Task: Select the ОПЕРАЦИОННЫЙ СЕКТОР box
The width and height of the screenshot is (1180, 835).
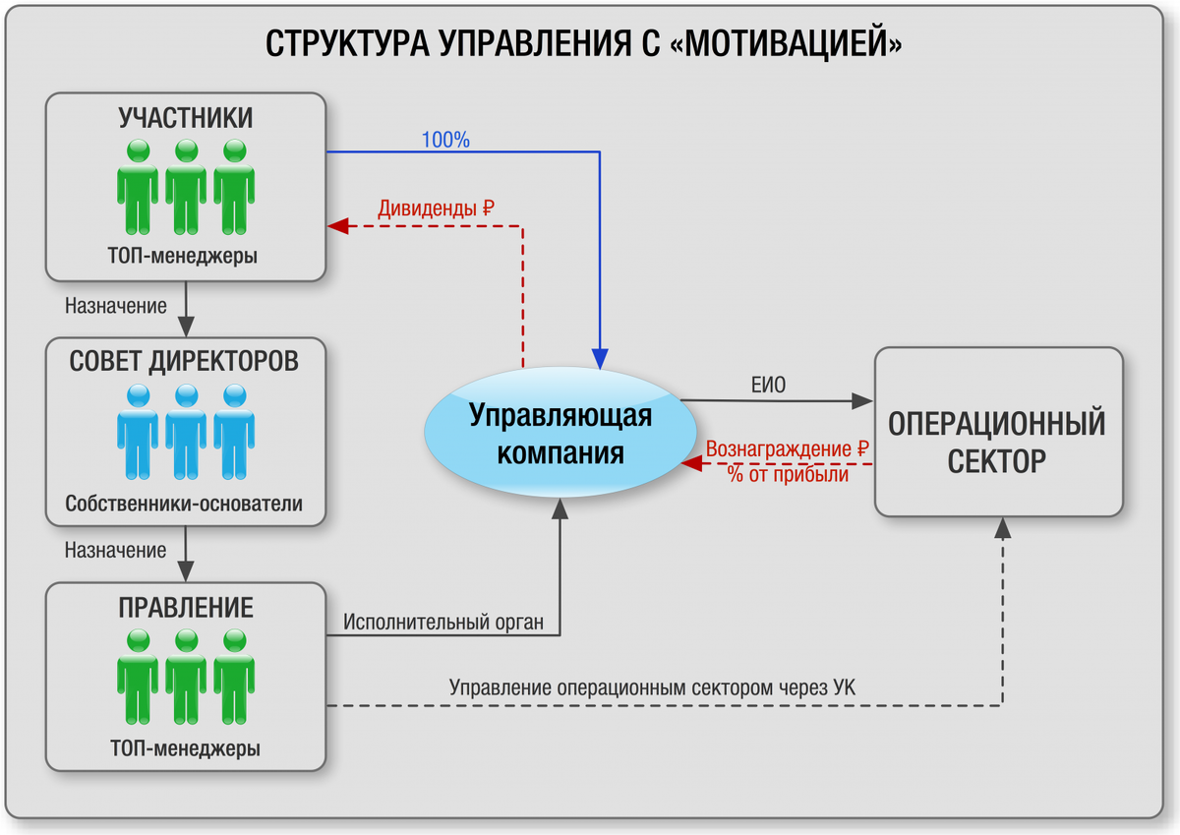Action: point(997,432)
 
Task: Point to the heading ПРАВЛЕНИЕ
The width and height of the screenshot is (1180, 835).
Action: point(186,607)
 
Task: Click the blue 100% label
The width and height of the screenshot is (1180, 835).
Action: point(445,141)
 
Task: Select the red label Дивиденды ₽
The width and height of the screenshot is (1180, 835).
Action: point(436,209)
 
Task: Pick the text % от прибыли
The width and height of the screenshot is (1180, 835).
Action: point(788,474)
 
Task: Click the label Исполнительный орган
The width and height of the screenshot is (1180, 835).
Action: point(443,623)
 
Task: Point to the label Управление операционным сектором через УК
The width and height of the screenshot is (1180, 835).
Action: point(652,688)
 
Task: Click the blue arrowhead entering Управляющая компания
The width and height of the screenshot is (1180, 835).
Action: point(599,356)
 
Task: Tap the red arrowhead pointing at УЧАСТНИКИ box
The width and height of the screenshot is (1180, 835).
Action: point(338,227)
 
